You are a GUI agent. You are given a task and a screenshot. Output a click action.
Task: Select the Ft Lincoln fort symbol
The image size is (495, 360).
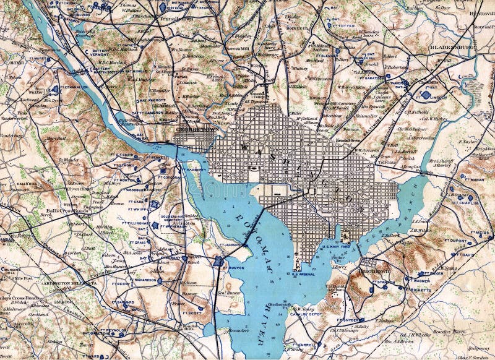click(x=426, y=95)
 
